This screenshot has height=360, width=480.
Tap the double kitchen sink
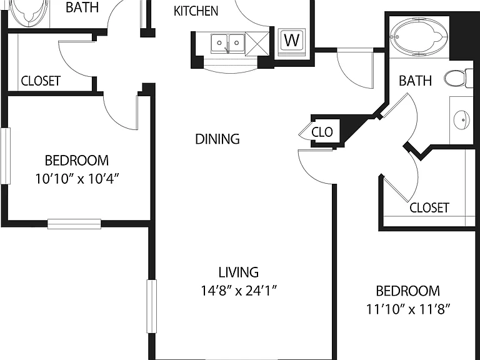click(x=227, y=44)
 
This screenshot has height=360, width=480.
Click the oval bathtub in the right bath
click(x=419, y=37)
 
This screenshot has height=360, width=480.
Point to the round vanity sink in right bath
click(x=461, y=120)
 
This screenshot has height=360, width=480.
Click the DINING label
click(x=217, y=139)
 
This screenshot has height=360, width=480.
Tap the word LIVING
click(x=239, y=272)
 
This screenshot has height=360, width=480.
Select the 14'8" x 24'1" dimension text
click(x=239, y=291)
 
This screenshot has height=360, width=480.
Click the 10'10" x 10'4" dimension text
click(x=76, y=179)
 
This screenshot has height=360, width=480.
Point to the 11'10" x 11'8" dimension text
click(x=408, y=309)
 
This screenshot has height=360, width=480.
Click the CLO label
click(x=322, y=132)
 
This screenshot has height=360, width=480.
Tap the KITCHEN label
click(x=196, y=11)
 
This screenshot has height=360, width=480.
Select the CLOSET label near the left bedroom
click(x=41, y=81)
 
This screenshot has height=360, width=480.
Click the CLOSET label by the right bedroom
click(x=429, y=207)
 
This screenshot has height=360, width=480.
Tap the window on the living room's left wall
click(x=151, y=306)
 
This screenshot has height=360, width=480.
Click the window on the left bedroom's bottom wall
click(x=74, y=224)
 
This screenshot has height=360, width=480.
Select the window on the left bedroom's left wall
click(x=6, y=156)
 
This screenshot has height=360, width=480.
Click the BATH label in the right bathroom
click(x=416, y=81)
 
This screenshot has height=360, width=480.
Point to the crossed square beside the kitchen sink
click(x=257, y=44)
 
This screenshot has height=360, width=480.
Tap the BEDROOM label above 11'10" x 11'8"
click(x=407, y=291)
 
